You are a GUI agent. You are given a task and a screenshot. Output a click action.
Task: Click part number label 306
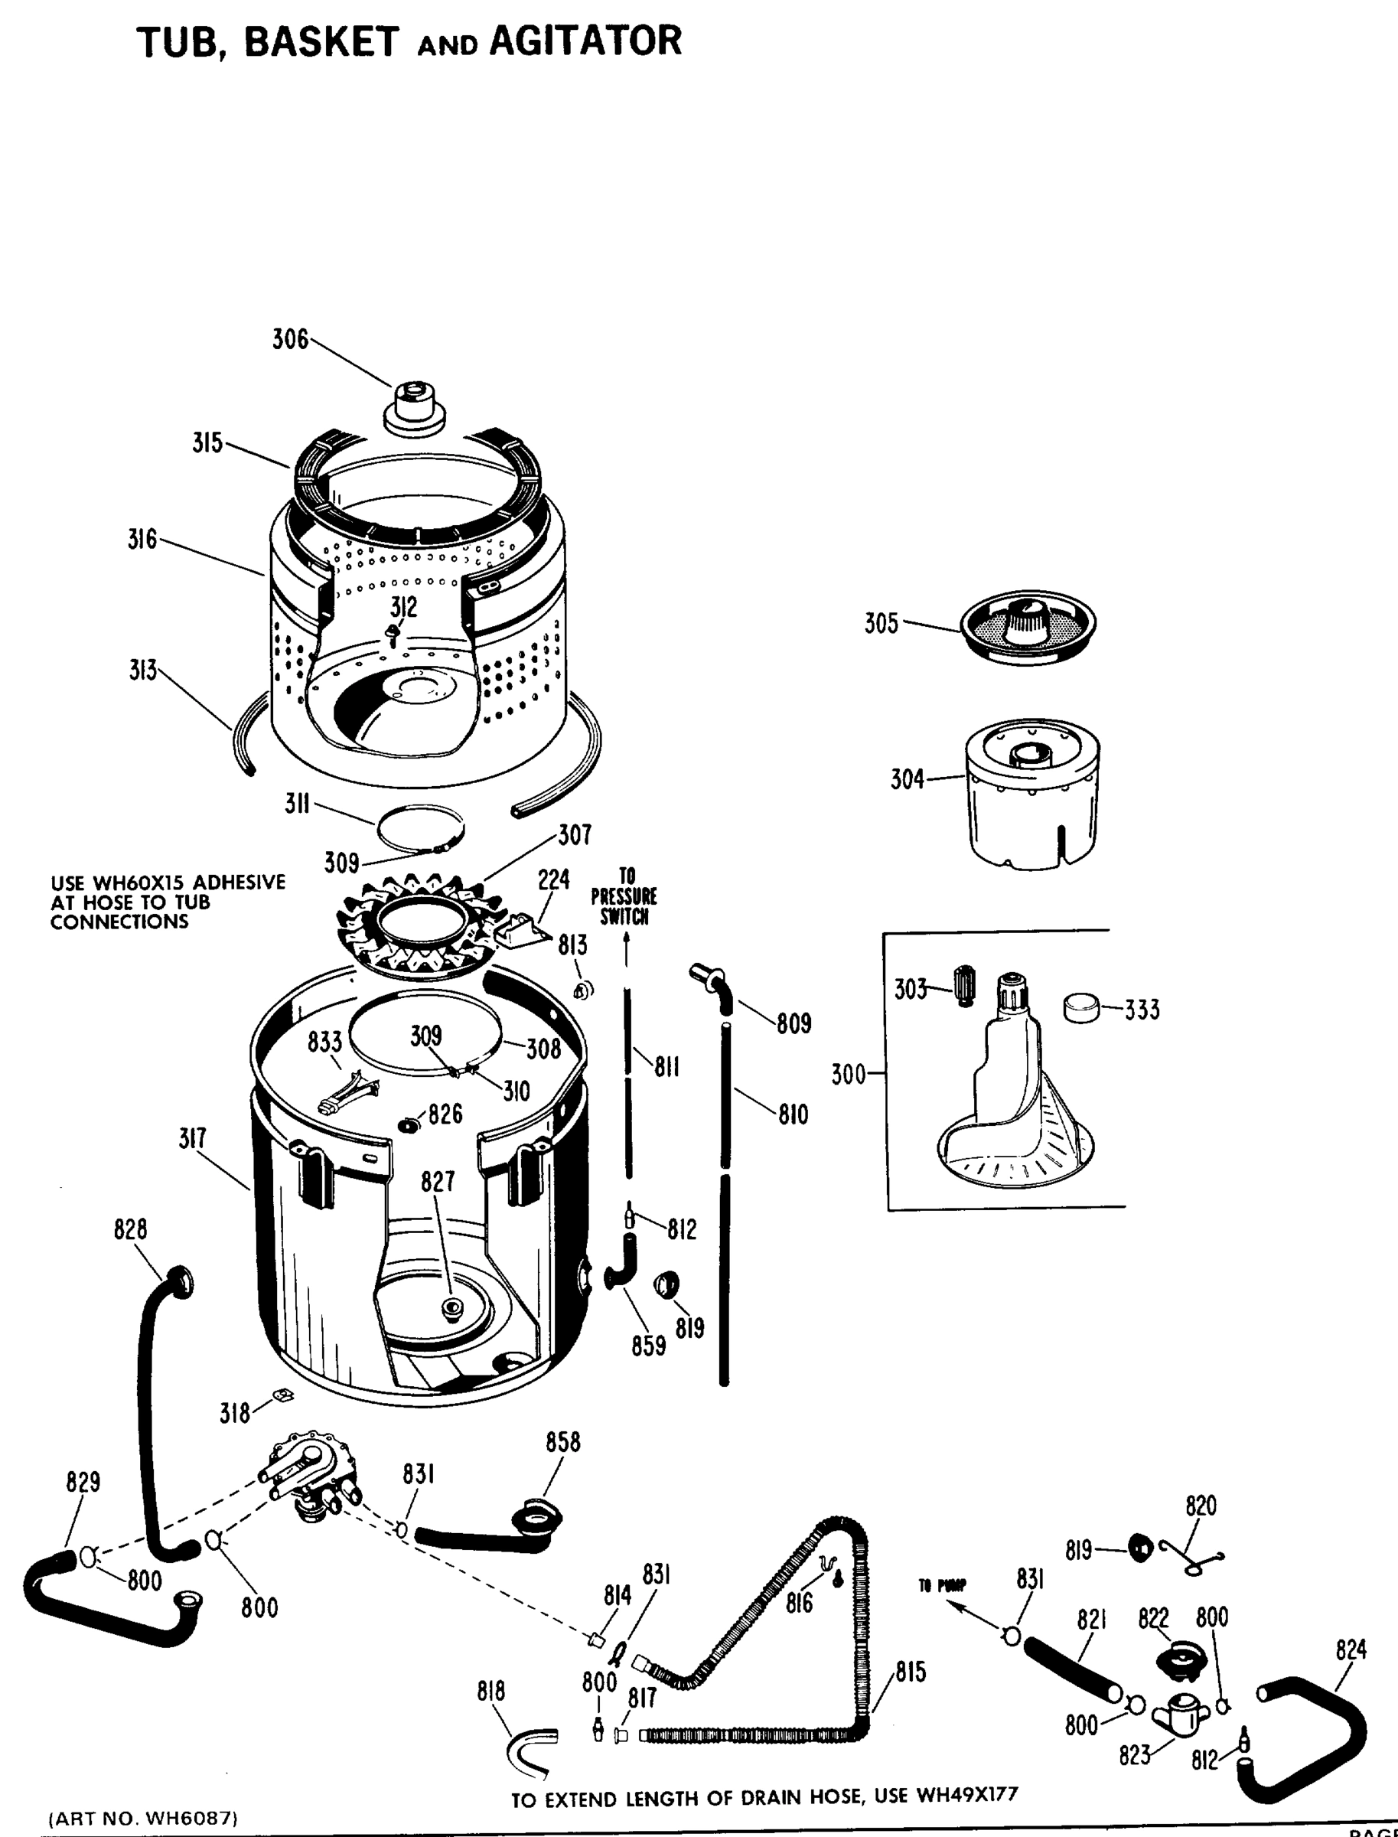[289, 340]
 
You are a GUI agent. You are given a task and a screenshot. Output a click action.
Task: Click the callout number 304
[907, 780]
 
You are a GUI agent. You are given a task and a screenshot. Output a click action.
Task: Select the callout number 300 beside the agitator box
[849, 1075]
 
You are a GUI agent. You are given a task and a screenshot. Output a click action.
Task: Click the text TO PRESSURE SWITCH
[624, 896]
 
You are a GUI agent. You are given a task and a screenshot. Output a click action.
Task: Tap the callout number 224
[553, 879]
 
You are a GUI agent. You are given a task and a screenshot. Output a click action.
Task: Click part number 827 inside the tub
[438, 1181]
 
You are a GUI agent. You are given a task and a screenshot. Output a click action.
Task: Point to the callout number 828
[131, 1229]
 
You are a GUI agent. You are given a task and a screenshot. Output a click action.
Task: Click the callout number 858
[562, 1443]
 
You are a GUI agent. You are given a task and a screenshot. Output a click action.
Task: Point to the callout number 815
[911, 1672]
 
